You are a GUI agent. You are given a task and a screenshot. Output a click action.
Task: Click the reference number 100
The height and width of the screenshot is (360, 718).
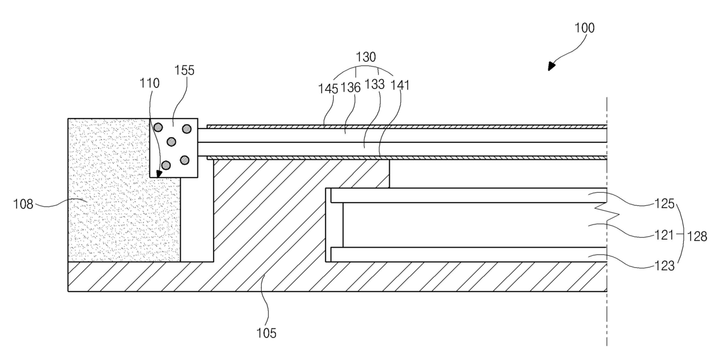tap(584, 28)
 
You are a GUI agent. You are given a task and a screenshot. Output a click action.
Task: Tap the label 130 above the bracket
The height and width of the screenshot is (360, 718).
tap(366, 57)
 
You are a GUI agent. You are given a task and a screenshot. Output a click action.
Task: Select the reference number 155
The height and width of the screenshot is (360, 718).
tap(184, 70)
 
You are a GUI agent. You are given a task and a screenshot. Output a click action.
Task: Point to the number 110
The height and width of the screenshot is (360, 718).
tap(149, 83)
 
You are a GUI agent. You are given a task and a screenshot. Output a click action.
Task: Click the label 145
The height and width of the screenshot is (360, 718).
tap(328, 89)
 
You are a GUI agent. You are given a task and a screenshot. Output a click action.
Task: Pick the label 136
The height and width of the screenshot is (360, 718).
tap(350, 87)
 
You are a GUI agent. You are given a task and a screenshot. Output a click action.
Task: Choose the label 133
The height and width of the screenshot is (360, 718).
tap(375, 85)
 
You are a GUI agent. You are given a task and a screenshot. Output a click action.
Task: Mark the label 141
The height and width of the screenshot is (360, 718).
tap(400, 85)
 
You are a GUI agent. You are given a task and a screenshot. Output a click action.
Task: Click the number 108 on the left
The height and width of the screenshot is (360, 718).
tap(23, 204)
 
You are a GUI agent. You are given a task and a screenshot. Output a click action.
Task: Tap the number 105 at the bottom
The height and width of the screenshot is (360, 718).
tap(266, 333)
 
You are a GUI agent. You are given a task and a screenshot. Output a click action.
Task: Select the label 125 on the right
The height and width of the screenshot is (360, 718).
tap(665, 204)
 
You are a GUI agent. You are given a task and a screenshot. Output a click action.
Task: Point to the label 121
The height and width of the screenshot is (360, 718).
tap(664, 235)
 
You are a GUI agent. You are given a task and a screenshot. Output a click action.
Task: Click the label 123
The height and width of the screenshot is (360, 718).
tap(665, 266)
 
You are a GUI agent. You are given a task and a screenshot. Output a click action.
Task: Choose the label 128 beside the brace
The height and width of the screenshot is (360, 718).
tap(697, 237)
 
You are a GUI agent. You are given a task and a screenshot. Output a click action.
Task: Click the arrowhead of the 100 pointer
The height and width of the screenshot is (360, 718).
tap(551, 66)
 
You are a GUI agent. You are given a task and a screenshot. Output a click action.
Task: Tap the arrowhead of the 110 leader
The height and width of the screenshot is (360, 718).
tap(159, 174)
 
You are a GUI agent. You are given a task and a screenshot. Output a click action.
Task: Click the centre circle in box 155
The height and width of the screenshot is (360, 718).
tap(171, 142)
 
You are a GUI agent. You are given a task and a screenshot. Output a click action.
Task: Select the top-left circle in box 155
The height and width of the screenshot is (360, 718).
tap(158, 127)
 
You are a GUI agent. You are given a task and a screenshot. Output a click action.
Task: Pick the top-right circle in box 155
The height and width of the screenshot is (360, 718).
tap(187, 129)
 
